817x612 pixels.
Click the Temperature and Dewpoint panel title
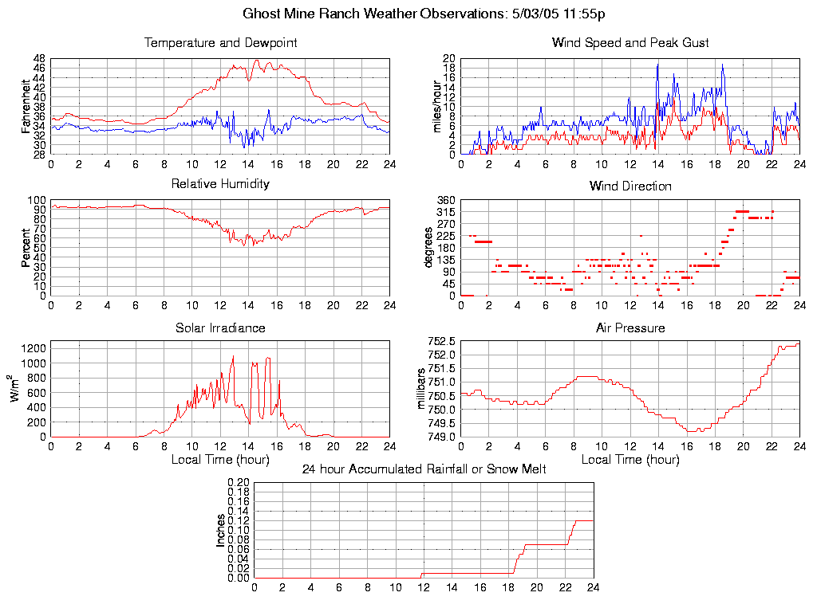point(220,42)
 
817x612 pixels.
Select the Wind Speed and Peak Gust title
point(630,42)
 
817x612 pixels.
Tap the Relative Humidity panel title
point(220,184)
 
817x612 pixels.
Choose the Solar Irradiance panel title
point(220,328)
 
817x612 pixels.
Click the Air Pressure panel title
point(630,328)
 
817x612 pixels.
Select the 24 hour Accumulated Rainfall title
point(424,469)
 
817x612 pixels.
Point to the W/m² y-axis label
point(15,389)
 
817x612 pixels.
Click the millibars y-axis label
point(424,389)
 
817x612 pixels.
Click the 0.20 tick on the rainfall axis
point(239,483)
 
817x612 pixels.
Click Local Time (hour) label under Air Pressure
point(630,460)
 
